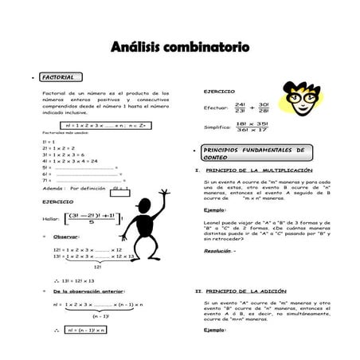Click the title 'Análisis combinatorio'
tap(180, 47)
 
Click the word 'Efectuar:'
tap(216, 108)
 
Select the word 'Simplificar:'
tap(217, 127)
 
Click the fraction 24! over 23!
tap(241, 108)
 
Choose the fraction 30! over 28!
tap(264, 108)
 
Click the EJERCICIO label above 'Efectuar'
tap(218, 92)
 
